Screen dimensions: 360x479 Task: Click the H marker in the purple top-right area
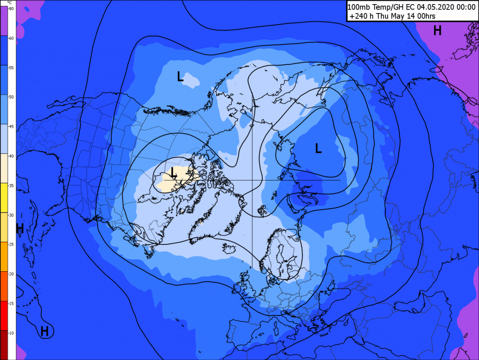[437, 31]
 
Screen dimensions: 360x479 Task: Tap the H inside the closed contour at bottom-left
[44, 332]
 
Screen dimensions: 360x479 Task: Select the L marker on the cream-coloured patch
[174, 171]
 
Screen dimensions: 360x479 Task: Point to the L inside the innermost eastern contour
[318, 148]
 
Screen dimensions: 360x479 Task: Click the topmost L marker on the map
[180, 76]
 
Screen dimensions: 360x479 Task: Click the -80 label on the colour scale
[11, 9]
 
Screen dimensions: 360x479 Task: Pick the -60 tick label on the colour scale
[11, 38]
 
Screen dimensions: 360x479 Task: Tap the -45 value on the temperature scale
[11, 126]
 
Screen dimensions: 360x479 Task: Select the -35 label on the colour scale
[11, 185]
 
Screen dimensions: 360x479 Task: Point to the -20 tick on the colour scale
[11, 274]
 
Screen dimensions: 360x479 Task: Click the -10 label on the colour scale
[11, 333]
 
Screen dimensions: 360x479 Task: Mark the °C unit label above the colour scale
[9, 3]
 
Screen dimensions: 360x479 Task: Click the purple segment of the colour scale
[4, 20]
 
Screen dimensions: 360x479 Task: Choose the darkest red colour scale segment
[4, 344]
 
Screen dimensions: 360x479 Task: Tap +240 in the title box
[358, 16]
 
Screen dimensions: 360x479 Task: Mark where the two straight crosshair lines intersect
[252, 180]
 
